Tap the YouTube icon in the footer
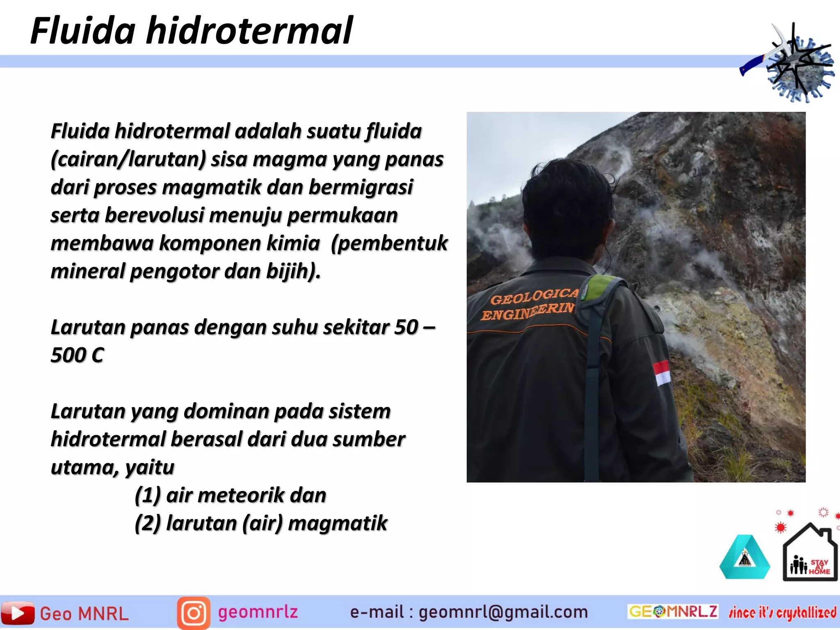(18, 613)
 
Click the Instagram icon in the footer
(194, 613)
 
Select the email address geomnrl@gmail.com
(503, 612)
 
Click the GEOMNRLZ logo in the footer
(673, 611)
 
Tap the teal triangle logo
(744, 559)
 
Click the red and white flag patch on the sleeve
(661, 373)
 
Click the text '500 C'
(77, 355)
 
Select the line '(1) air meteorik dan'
(231, 495)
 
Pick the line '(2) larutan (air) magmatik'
(261, 523)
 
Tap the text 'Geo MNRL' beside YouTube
(84, 614)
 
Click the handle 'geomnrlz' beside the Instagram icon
(258, 612)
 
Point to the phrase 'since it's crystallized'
(783, 612)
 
